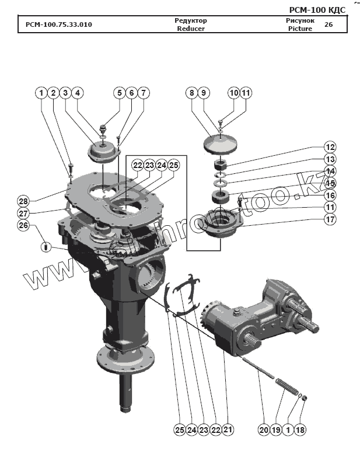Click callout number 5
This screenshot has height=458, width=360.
pos(119,93)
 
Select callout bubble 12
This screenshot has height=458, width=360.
pos(330,147)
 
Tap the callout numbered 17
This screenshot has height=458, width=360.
pos(330,220)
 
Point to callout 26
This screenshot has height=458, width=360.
pos(23,225)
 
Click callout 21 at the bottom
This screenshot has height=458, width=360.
pos(228,430)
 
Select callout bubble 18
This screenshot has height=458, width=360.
pos(300,430)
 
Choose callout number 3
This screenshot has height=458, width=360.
pos(65,93)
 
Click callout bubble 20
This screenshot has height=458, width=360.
pos(264,430)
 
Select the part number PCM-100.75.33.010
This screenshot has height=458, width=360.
pos(58,25)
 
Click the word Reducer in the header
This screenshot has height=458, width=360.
pos(191,29)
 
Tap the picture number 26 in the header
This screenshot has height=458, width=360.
pos(328,25)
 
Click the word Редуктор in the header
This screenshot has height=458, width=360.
pos(191,20)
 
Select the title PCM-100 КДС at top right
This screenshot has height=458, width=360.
pos(317,9)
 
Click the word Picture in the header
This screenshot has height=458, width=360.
pos(300,29)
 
